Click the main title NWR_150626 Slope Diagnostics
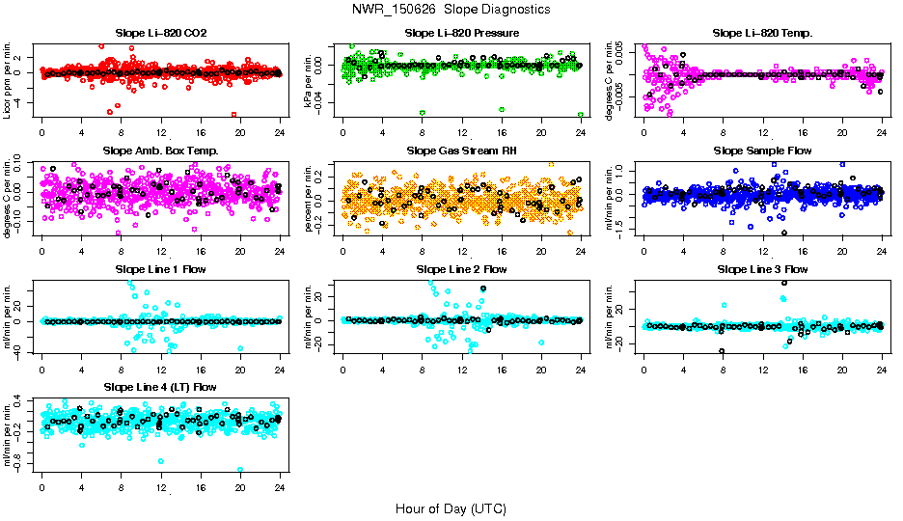[x=451, y=10]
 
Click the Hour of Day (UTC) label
[x=451, y=508]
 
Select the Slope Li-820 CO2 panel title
[x=161, y=34]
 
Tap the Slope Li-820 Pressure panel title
[x=462, y=34]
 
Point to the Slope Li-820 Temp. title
[x=762, y=34]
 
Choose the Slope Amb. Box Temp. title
[x=161, y=151]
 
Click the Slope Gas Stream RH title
[x=462, y=151]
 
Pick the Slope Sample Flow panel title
[x=762, y=151]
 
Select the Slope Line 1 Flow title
[x=161, y=269]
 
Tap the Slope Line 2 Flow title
[x=462, y=269]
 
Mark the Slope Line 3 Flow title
[x=762, y=269]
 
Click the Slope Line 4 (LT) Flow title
[x=161, y=387]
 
